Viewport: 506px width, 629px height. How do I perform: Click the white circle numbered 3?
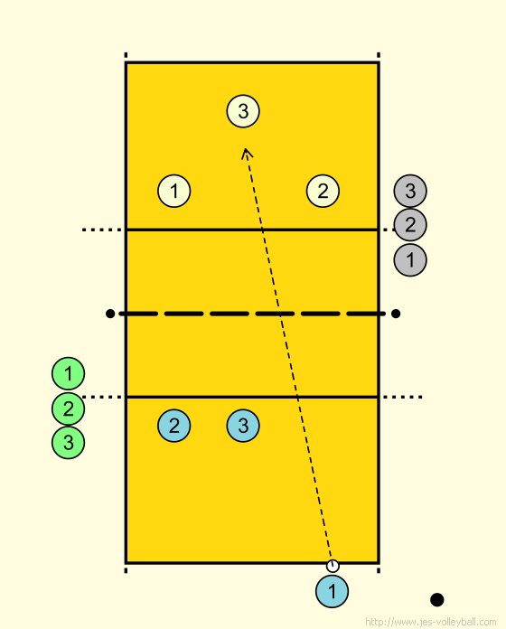tap(243, 111)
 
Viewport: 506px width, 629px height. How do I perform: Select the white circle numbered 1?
tap(174, 191)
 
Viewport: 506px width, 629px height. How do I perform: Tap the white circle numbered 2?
tap(323, 191)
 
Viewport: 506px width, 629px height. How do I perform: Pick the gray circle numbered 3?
tap(410, 191)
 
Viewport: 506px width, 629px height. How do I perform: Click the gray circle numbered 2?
tap(410, 225)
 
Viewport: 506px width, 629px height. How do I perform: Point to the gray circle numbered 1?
tap(410, 260)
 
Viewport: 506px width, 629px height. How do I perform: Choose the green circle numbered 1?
tap(68, 373)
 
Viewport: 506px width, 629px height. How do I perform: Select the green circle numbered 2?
tap(68, 408)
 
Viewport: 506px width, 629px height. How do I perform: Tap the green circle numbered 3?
tap(68, 443)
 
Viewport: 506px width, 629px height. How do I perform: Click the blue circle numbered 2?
tap(174, 426)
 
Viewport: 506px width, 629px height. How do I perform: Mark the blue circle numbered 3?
tap(243, 426)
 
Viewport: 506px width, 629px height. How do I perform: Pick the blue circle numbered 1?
tap(332, 591)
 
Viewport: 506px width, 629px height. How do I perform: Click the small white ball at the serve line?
tap(333, 566)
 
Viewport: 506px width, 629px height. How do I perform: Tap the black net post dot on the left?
tap(110, 314)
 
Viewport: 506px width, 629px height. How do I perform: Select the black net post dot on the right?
tap(396, 314)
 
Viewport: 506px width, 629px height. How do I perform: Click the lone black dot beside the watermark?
tap(437, 600)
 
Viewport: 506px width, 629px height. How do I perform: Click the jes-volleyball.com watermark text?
tap(431, 622)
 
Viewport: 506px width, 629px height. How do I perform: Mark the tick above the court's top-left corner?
tap(126, 55)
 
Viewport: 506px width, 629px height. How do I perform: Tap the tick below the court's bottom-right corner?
tap(379, 570)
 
